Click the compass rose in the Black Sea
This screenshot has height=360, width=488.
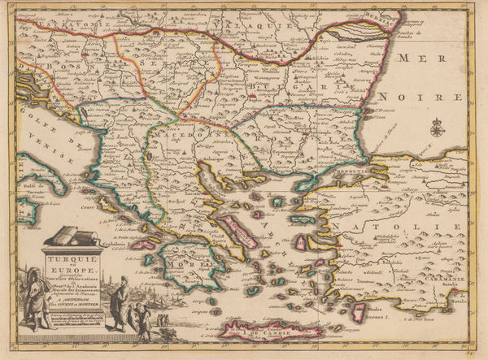438,127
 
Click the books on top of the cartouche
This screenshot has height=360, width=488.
72,238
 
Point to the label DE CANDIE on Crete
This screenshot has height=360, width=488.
268,331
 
